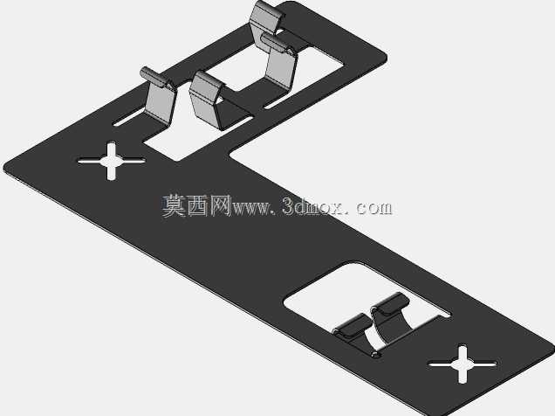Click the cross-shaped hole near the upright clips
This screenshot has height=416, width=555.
click(x=112, y=161)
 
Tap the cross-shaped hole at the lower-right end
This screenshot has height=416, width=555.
click(x=462, y=364)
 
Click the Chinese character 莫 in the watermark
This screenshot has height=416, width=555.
click(x=174, y=206)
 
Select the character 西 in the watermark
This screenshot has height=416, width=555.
click(x=198, y=206)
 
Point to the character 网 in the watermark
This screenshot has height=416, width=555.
click(x=221, y=206)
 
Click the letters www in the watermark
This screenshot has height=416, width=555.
click(x=250, y=209)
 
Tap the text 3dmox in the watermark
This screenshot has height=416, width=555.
click(x=312, y=206)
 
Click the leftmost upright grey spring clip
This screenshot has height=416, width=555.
click(x=159, y=97)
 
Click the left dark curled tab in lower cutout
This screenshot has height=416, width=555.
click(x=353, y=326)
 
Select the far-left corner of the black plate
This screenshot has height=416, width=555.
click(x=5, y=167)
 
